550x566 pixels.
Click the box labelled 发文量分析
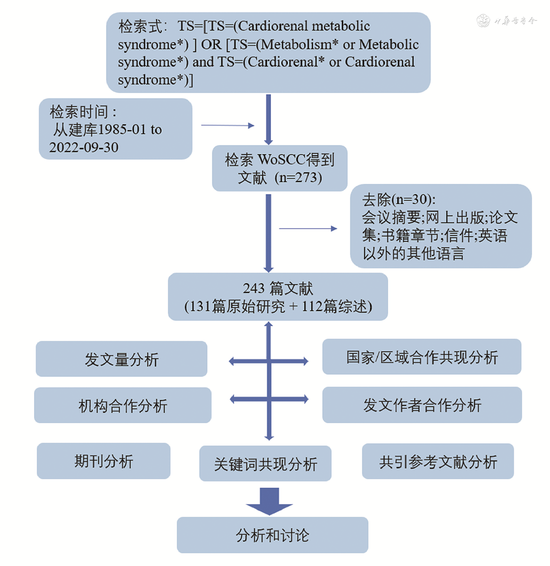[121, 359]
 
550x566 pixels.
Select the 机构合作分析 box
[122, 406]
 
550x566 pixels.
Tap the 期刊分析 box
[104, 461]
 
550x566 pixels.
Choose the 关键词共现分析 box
[265, 464]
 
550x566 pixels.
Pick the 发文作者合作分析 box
[422, 405]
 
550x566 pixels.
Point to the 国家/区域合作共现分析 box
[422, 357]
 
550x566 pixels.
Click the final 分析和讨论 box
[272, 535]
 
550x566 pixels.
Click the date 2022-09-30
[84, 147]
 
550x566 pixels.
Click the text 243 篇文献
[278, 288]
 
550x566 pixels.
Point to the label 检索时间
[83, 112]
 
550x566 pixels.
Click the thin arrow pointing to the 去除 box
[308, 229]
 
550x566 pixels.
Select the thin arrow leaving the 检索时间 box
[228, 126]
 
